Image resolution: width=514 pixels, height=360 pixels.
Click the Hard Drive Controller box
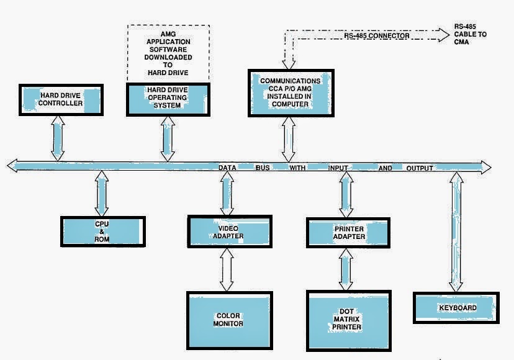pos(61,100)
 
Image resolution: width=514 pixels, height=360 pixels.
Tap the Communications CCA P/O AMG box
pos(290,92)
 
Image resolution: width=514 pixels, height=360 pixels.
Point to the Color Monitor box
pos(229,319)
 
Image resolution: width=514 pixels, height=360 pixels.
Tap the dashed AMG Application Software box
pos(168,53)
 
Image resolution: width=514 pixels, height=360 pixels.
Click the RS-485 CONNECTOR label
pos(377,37)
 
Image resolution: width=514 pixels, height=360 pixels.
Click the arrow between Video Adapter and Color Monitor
pos(227,269)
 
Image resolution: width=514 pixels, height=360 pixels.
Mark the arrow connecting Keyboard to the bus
pos(456,233)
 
